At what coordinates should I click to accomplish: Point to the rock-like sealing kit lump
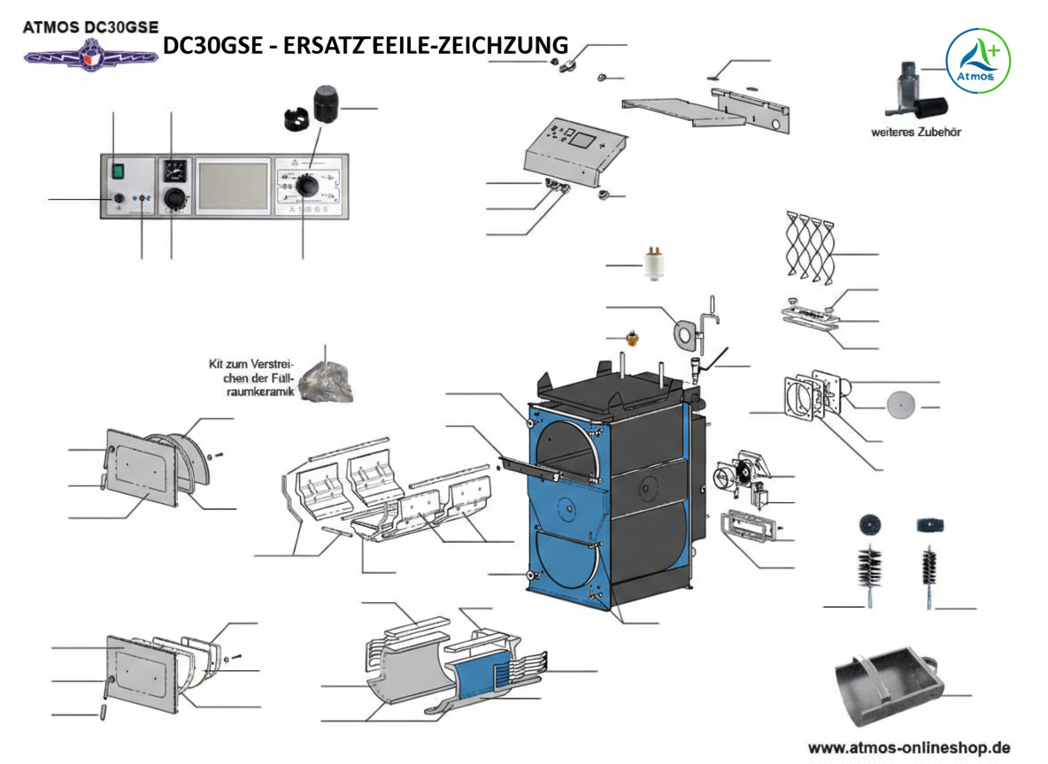click(x=326, y=383)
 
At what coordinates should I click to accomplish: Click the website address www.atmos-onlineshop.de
click(x=909, y=745)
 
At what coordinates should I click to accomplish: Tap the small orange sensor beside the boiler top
click(x=634, y=339)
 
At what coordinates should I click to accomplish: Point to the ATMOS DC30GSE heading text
click(x=89, y=27)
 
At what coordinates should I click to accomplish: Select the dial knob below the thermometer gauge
click(x=175, y=199)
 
